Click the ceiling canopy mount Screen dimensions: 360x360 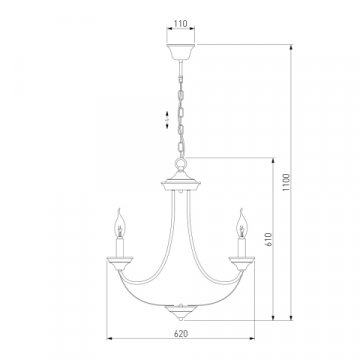[180, 51]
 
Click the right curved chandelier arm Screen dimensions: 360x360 [212, 250]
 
